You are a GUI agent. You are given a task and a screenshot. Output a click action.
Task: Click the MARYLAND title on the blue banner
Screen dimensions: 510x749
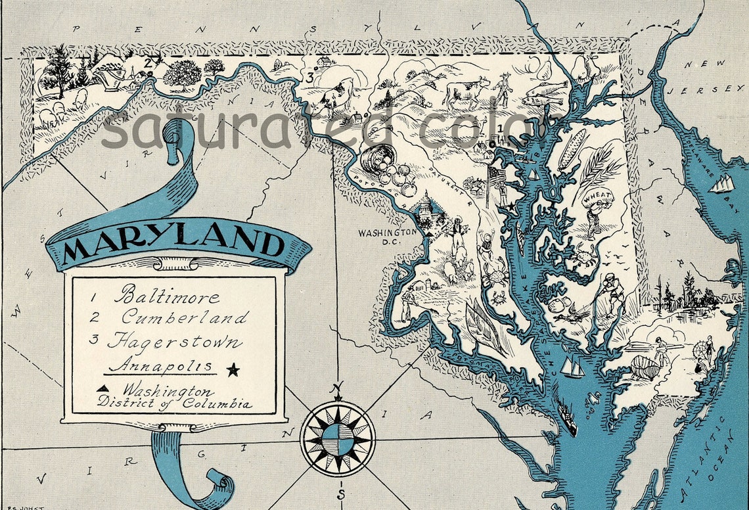coord(174,243)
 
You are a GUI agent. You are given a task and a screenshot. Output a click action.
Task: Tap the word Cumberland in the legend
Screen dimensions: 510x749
coord(185,317)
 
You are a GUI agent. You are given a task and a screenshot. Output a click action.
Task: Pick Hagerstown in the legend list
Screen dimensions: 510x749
coord(174,342)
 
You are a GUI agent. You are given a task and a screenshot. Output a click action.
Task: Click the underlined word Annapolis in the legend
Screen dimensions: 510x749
coord(160,366)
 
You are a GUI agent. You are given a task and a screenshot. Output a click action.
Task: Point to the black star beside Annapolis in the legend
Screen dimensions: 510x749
coord(233,369)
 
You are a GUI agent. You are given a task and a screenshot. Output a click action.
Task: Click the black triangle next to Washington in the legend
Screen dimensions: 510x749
coord(103,388)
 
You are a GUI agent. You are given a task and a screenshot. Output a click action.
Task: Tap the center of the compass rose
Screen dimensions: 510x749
coord(338,438)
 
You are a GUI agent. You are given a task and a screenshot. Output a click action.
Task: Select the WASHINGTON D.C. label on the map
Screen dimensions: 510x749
coord(387,236)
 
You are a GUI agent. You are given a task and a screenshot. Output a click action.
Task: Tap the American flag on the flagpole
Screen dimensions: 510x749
coord(497,174)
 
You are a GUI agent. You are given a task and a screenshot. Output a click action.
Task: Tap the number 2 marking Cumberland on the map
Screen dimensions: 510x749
coord(148,62)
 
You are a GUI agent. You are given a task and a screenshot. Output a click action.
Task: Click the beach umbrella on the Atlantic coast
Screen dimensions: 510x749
coord(709,342)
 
